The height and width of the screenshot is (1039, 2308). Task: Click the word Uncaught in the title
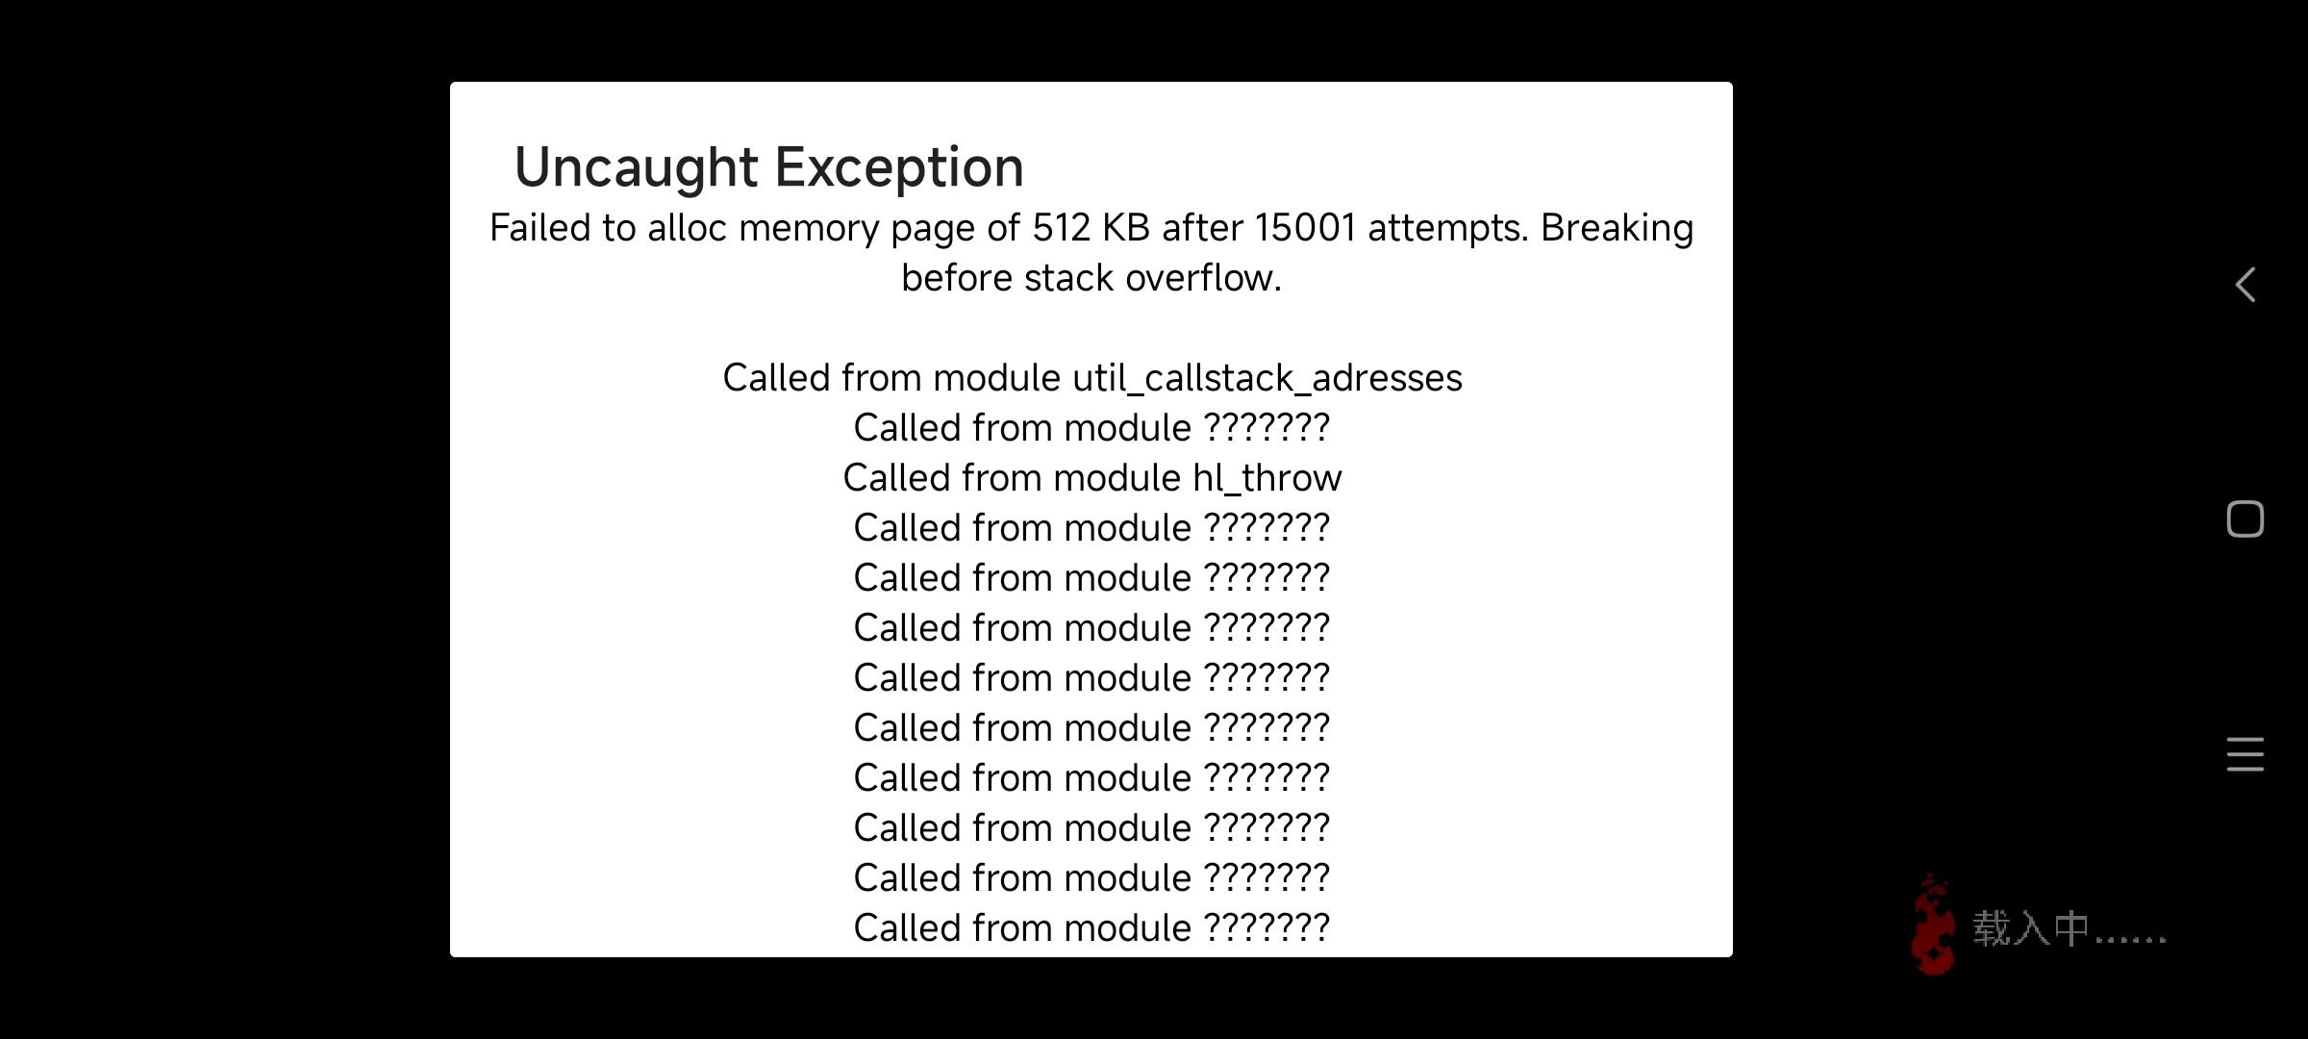click(636, 168)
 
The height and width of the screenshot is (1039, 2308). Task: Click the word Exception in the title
click(899, 167)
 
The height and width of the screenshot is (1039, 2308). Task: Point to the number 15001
click(1305, 228)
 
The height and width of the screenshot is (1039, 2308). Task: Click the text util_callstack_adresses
click(1267, 379)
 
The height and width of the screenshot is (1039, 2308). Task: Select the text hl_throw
click(1267, 478)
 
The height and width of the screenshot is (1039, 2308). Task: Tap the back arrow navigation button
click(2245, 285)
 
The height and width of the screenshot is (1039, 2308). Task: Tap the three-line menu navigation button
click(2245, 754)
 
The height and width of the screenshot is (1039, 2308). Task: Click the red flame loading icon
click(1933, 925)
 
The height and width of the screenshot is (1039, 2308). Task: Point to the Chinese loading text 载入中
click(2031, 929)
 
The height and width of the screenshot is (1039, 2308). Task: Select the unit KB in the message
click(1126, 228)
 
